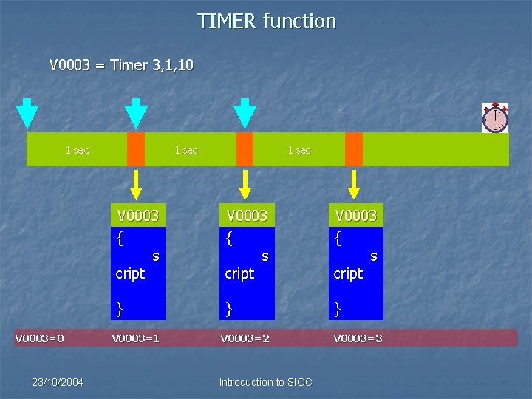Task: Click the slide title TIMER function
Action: point(266,21)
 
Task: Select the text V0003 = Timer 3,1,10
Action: point(121,65)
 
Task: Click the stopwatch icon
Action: point(495,117)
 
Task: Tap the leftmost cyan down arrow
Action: point(27,112)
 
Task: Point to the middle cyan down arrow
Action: point(136,112)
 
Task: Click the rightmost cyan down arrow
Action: point(245,112)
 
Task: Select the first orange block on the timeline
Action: point(136,149)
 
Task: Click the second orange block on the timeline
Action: point(245,149)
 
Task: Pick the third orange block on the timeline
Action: point(354,149)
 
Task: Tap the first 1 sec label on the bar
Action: point(77,150)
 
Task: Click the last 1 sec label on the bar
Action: point(299,150)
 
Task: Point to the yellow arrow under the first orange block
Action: point(136,184)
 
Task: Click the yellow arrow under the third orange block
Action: point(354,184)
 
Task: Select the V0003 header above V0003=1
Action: point(138,215)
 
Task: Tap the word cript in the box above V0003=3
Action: point(348,273)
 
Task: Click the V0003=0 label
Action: point(40,338)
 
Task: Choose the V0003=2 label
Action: point(245,338)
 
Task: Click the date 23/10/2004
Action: point(58,382)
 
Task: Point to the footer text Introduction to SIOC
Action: point(265,382)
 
